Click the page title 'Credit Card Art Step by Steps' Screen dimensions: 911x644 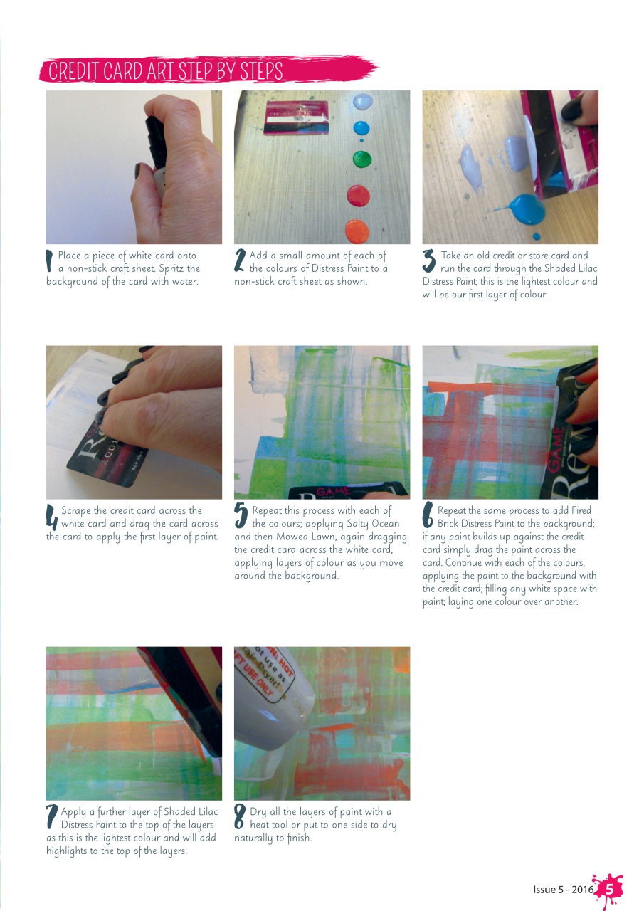(165, 71)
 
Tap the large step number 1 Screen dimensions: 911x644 (50, 260)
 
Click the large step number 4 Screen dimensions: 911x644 (51, 517)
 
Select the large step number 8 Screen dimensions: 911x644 (240, 817)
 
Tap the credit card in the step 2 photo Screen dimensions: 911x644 (297, 117)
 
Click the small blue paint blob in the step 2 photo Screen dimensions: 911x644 (362, 128)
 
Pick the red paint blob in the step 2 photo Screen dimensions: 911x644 (357, 194)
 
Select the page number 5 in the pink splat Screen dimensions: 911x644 (609, 889)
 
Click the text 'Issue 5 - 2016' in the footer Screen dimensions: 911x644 (563, 890)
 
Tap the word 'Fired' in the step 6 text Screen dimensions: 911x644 (579, 510)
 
